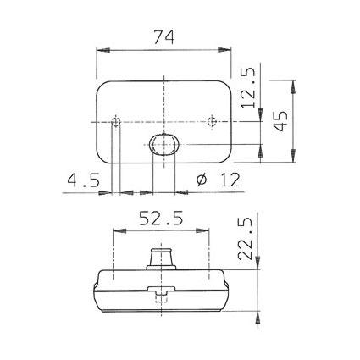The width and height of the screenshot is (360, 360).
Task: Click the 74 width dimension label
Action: pyautogui.click(x=164, y=37)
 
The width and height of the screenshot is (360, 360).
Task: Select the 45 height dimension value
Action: pyautogui.click(x=281, y=121)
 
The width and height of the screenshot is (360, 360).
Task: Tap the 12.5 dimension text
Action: pyautogui.click(x=248, y=88)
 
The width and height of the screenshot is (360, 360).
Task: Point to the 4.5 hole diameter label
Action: pyautogui.click(x=84, y=180)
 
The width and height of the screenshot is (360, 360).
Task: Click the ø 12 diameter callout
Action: pyautogui.click(x=218, y=180)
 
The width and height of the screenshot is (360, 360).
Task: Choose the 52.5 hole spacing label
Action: pyautogui.click(x=161, y=219)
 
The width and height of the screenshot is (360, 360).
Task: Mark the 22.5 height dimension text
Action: pyautogui.click(x=245, y=239)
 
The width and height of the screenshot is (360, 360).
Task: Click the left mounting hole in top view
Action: pyautogui.click(x=116, y=122)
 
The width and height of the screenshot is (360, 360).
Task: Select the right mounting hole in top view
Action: pyautogui.click(x=212, y=121)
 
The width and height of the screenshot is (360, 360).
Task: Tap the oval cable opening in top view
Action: pyautogui.click(x=164, y=144)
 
